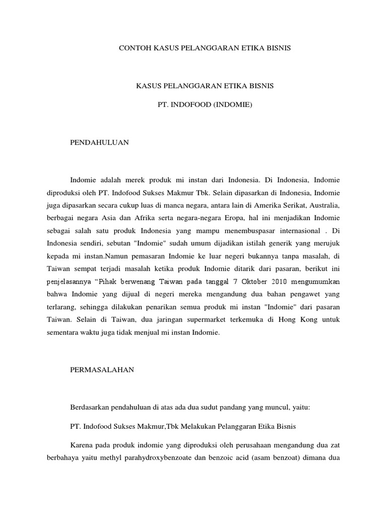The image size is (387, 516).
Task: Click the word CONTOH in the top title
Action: click(x=135, y=48)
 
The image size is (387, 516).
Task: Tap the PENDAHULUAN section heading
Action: click(x=99, y=143)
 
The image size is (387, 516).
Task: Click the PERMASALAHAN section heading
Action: click(x=102, y=369)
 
